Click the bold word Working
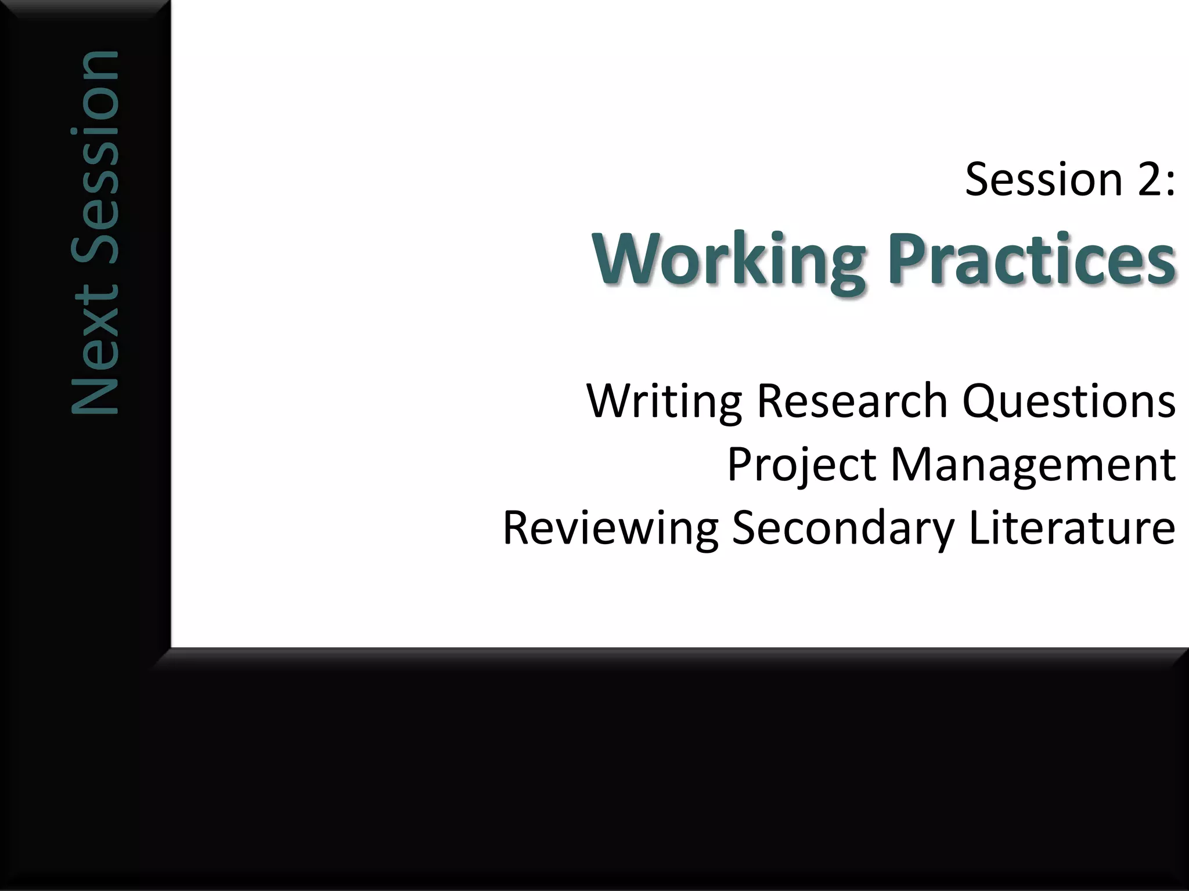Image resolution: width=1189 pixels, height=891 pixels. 729,259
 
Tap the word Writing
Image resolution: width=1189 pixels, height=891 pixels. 664,401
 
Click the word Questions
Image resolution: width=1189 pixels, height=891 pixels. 1069,401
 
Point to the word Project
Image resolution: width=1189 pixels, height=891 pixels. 801,465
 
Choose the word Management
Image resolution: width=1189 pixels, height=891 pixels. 1033,465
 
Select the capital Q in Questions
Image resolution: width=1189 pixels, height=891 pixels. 981,401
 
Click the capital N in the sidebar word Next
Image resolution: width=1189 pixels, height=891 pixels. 95,389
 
